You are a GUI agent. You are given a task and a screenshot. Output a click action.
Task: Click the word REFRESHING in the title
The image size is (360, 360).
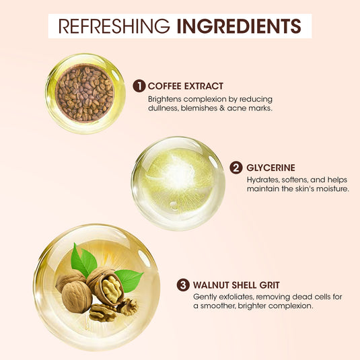tap(114, 26)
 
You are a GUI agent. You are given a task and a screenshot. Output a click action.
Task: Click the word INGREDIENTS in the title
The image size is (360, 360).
tap(239, 26)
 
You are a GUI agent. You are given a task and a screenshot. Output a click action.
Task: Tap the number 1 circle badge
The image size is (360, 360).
tap(139, 86)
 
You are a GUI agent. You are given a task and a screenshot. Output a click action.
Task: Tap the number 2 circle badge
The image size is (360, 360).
tap(236, 168)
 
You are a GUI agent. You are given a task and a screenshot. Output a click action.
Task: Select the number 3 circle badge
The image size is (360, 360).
tap(183, 285)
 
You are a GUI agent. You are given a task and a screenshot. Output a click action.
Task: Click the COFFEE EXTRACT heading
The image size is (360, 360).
tap(186, 86)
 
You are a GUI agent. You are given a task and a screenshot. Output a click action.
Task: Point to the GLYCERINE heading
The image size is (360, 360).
tap(271, 168)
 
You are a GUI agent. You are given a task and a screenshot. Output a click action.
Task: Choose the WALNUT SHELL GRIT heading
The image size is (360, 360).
tap(236, 285)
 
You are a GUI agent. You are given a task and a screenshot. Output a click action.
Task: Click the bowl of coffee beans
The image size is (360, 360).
tap(85, 93)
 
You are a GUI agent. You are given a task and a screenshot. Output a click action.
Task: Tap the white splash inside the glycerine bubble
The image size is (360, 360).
tap(178, 174)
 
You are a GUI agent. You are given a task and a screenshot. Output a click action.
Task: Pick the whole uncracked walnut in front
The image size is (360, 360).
tap(77, 297)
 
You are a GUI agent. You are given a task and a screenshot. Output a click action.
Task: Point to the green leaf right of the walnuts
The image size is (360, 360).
tap(129, 280)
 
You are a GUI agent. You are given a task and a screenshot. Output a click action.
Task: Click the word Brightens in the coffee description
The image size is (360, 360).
tap(164, 100)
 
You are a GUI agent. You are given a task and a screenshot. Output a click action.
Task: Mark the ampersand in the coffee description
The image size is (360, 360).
tap(222, 108)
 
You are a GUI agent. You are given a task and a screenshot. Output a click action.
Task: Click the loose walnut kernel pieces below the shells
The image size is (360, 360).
tap(112, 310)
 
